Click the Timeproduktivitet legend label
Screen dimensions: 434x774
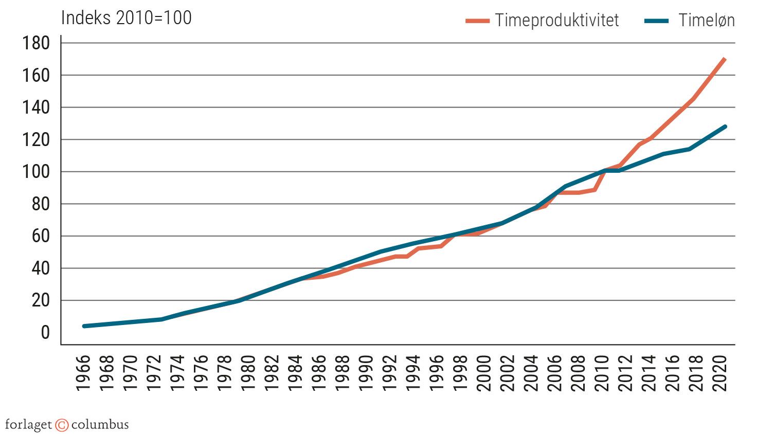point(557,21)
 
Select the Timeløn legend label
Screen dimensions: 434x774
point(706,21)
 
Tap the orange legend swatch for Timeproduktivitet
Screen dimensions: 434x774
point(477,21)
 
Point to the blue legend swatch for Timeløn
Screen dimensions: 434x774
point(656,21)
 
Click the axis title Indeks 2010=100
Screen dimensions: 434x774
point(127,18)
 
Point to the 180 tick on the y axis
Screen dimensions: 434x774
point(36,43)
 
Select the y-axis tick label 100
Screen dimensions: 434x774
point(36,172)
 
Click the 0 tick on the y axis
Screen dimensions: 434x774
point(45,333)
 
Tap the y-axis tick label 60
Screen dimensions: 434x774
point(41,236)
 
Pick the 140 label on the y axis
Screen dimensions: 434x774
point(36,107)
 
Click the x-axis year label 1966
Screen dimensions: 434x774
point(83,373)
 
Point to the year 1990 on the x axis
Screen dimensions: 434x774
point(366,373)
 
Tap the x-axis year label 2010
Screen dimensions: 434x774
point(602,373)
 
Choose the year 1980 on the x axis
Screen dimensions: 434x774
point(248,373)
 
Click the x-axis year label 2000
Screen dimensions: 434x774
point(484,373)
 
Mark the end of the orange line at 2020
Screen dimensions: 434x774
point(725,59)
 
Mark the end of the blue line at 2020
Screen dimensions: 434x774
point(725,126)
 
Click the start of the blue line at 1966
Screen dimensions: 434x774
point(84,326)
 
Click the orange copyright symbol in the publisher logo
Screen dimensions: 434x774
point(62,425)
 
